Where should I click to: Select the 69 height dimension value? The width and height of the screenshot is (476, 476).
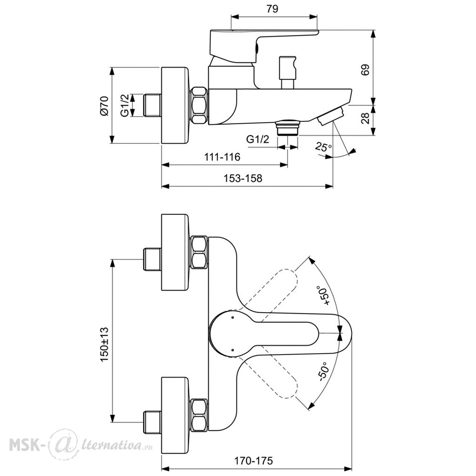[365, 69]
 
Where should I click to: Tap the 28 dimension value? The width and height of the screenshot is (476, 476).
[366, 118]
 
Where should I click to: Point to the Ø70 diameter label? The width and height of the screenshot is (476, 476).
[103, 105]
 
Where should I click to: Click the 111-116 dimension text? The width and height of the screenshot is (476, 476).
[222, 157]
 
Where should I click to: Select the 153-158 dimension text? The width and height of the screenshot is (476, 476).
[243, 178]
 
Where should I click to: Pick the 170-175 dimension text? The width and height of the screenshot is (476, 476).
[254, 461]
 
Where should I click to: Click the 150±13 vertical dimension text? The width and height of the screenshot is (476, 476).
[104, 344]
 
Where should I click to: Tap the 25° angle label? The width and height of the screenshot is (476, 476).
[323, 147]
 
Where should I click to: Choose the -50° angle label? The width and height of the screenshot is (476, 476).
[323, 372]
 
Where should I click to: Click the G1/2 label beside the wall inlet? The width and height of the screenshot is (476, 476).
[125, 105]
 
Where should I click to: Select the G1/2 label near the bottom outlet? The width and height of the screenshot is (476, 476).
[258, 139]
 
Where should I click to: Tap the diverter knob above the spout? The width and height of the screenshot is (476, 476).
[288, 72]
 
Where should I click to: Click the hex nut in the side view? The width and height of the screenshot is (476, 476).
[199, 105]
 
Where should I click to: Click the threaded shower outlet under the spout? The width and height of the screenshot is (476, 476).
[288, 127]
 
